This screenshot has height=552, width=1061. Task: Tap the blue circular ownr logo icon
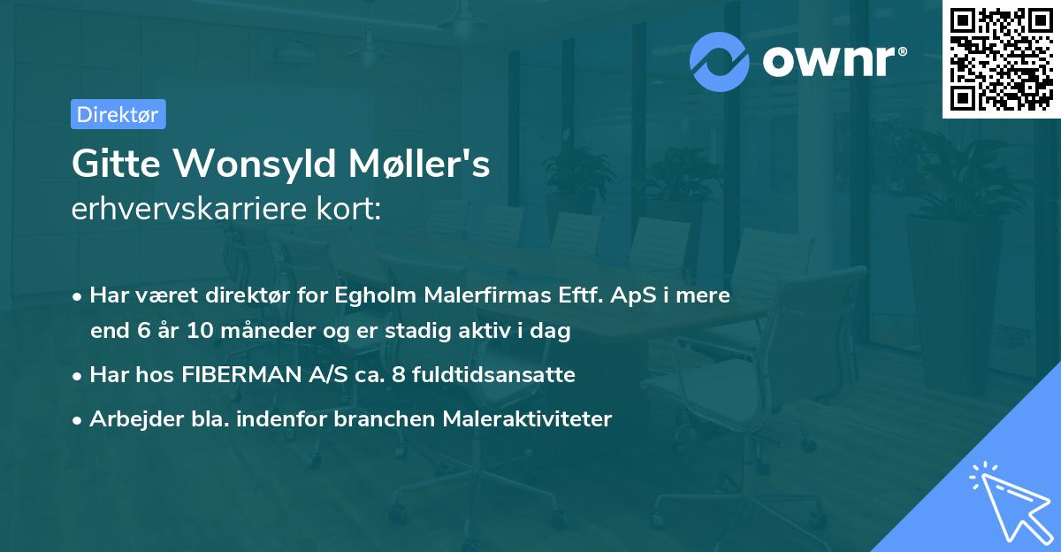coord(720,61)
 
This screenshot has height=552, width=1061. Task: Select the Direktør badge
coord(118,114)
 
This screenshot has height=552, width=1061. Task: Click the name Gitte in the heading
coord(114,165)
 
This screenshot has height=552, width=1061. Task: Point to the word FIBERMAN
coord(238,375)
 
